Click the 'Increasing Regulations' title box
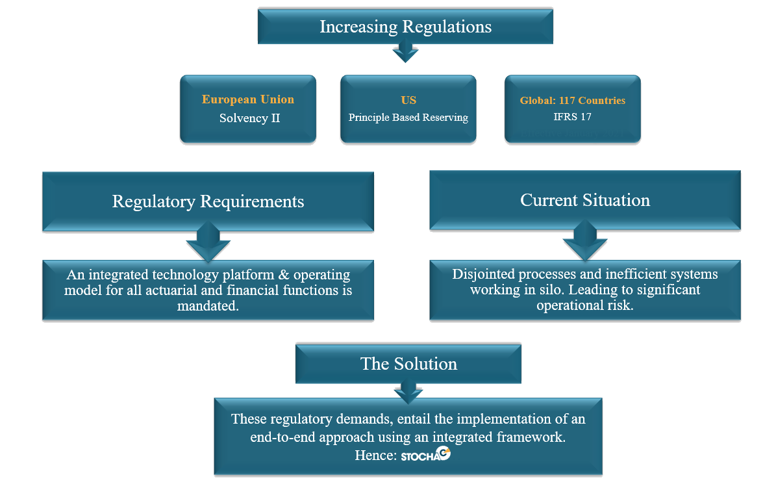(x=405, y=26)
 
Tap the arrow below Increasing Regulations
(x=405, y=51)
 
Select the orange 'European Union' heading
(x=248, y=99)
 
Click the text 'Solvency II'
(x=249, y=118)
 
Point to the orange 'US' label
(x=408, y=100)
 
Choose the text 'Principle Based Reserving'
(x=408, y=118)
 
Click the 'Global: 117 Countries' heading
(x=573, y=101)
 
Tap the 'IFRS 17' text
(x=573, y=117)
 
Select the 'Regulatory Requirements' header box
(x=208, y=201)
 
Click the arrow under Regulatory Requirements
(x=208, y=242)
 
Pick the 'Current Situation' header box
(x=585, y=200)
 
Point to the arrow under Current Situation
(x=585, y=241)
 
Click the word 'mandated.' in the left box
(x=208, y=305)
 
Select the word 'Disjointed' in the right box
(x=484, y=274)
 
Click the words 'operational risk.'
(x=585, y=305)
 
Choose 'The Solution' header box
(x=408, y=364)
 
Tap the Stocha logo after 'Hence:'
(x=425, y=454)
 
